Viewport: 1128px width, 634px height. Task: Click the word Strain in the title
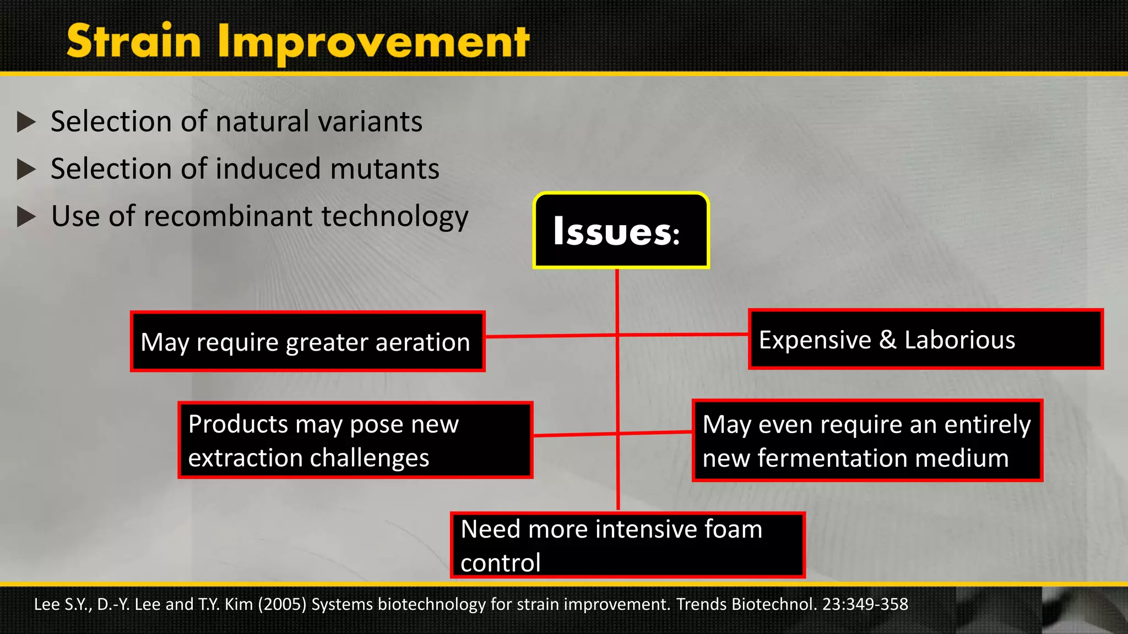click(134, 42)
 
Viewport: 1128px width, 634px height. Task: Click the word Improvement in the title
click(373, 43)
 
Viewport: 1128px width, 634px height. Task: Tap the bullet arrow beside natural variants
click(26, 122)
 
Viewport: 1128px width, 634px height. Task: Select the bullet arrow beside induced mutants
click(26, 169)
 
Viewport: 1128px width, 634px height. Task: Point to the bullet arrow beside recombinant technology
click(26, 216)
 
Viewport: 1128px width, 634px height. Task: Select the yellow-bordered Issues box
click(621, 231)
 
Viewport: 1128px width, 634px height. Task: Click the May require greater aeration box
click(307, 342)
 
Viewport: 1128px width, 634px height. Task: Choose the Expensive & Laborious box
click(925, 340)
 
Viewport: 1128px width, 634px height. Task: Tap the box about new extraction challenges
click(355, 440)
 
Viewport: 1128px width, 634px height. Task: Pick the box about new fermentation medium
click(867, 441)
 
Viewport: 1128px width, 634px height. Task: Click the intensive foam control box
click(627, 545)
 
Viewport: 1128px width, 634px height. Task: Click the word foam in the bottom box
click(733, 529)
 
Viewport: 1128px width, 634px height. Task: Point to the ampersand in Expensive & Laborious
click(887, 340)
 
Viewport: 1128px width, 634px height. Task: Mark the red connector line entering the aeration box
click(551, 336)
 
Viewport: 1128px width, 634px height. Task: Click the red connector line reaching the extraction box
click(573, 435)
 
